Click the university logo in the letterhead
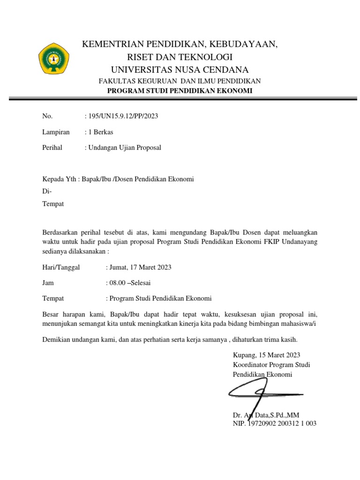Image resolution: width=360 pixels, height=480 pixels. [54, 59]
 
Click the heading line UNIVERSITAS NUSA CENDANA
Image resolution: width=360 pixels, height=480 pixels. [180, 70]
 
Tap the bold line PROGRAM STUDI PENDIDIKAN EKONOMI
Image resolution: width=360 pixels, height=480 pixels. [180, 90]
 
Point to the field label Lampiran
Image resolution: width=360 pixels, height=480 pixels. [56, 132]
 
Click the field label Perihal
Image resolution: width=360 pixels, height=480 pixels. [53, 147]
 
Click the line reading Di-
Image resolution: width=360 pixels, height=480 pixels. [47, 191]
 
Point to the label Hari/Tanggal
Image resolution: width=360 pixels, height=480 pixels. [61, 267]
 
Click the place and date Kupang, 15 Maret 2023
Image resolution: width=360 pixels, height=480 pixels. [266, 355]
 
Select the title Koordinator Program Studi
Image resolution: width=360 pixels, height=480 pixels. [271, 365]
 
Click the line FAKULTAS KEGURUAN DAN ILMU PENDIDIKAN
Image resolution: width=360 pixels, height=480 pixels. [180, 81]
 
